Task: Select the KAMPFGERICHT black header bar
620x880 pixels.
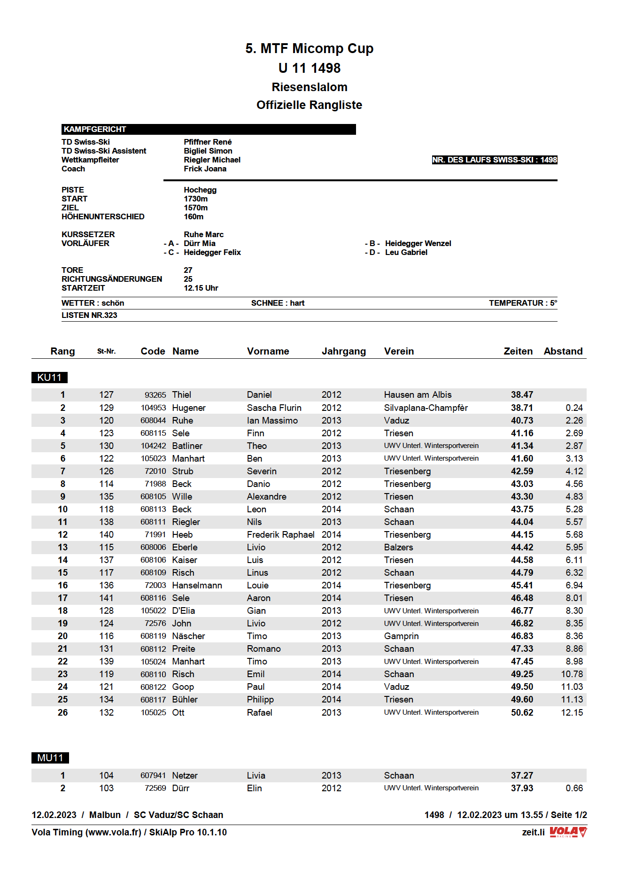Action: (x=208, y=129)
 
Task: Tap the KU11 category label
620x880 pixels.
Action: (x=49, y=378)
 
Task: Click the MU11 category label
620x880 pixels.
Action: (x=50, y=758)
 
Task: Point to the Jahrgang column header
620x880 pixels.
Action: (x=343, y=351)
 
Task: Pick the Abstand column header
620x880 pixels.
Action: (x=563, y=351)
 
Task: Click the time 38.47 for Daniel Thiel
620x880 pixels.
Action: (x=522, y=395)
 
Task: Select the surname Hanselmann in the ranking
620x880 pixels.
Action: (x=197, y=586)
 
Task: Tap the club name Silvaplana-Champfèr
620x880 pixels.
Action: (x=426, y=408)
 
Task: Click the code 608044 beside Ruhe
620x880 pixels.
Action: (x=153, y=421)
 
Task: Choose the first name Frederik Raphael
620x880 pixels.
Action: (x=280, y=535)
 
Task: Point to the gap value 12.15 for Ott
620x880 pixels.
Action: (x=572, y=713)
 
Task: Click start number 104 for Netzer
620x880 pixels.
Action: (x=106, y=776)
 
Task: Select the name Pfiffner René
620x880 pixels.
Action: (x=208, y=142)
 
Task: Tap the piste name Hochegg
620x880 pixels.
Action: (x=200, y=190)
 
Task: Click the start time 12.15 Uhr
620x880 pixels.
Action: (x=201, y=288)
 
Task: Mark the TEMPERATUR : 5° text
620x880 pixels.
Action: (x=523, y=303)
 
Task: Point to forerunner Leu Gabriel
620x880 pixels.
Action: (x=406, y=252)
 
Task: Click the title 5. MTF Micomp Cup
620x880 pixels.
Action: (x=309, y=48)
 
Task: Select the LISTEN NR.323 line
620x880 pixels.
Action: (x=89, y=315)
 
